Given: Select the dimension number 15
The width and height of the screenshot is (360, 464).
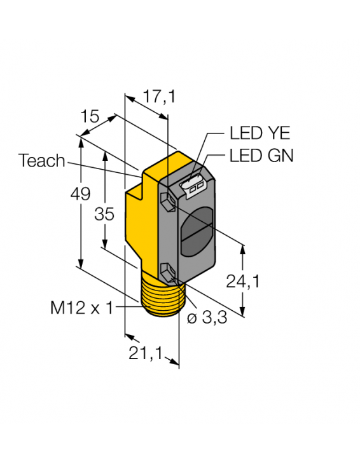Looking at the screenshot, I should pos(91,116).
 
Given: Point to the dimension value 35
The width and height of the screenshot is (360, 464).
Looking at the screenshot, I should pos(104,214).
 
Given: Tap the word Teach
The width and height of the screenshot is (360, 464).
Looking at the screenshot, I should pos(42,161).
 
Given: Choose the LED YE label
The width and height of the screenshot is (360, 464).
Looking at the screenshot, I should pos(259,133).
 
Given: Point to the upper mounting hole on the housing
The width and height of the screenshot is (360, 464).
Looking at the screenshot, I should pos(167,202).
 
